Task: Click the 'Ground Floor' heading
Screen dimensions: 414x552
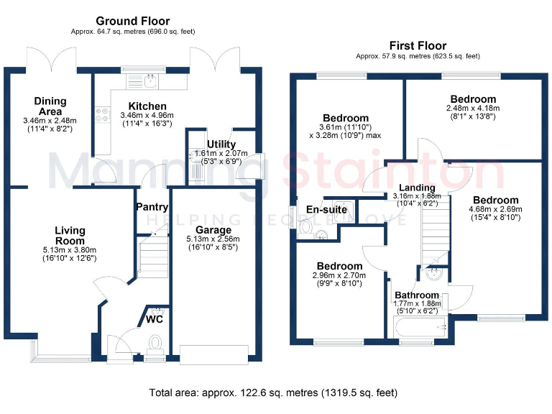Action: [133, 21]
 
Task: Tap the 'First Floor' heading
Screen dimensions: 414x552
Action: [418, 45]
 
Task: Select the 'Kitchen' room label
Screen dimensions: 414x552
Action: [147, 106]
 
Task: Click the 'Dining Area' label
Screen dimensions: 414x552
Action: [50, 106]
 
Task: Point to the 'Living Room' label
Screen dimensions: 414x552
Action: [70, 235]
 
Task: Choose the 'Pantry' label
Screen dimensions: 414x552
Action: [152, 206]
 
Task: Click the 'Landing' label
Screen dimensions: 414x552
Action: [408, 188]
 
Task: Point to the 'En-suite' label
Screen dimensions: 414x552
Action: [327, 209]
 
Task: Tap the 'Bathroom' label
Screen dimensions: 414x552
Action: [416, 295]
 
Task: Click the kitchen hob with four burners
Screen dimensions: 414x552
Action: [101, 115]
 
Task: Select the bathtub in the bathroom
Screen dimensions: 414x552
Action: [421, 328]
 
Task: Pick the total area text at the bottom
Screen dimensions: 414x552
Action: [273, 393]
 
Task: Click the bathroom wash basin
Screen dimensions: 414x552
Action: [434, 273]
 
